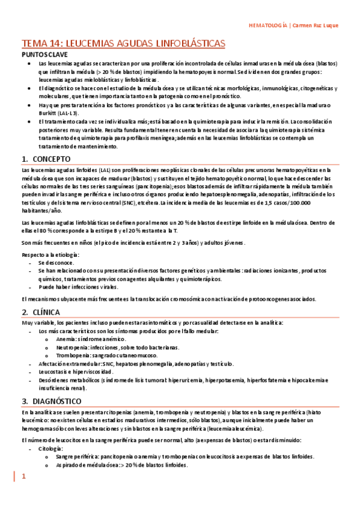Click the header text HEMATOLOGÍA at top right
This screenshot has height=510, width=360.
(268, 25)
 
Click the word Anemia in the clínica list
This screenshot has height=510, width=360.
(67, 340)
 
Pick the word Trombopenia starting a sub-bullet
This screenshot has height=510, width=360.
(73, 356)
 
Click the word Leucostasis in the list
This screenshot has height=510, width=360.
(53, 372)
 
